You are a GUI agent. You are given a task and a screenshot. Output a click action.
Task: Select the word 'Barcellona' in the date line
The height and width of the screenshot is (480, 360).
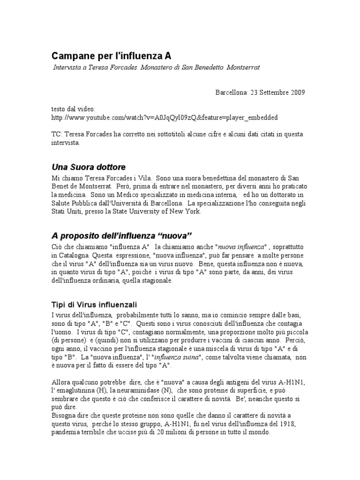[231, 92]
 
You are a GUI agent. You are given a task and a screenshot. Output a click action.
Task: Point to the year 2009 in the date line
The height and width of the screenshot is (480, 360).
[297, 92]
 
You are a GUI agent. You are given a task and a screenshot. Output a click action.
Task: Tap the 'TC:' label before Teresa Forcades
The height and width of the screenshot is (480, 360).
[58, 135]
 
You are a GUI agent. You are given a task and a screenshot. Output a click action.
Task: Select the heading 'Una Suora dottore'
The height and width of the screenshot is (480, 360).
[89, 167]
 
